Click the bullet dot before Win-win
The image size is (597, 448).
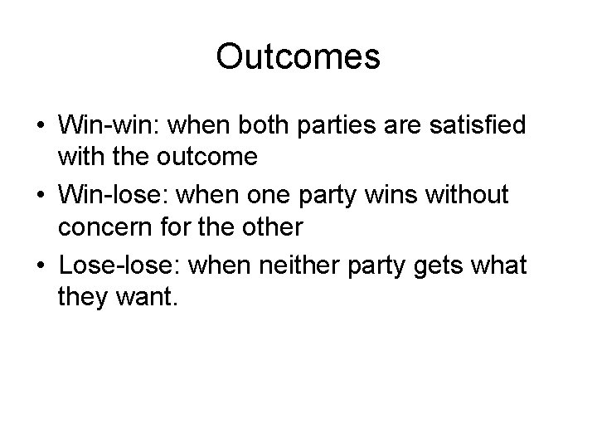40,127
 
